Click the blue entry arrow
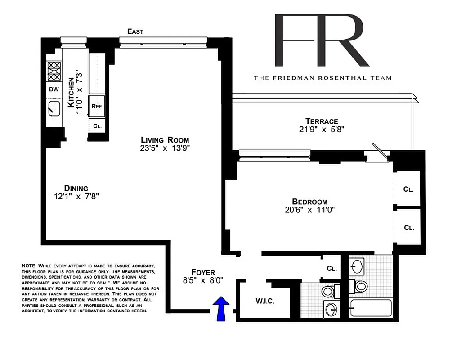tap(221, 309)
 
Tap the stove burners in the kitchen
tap(54, 71)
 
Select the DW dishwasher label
tap(54, 89)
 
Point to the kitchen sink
tap(54, 108)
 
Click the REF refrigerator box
tap(97, 106)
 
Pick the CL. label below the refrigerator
tap(97, 126)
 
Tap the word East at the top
tap(135, 31)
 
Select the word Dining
tap(76, 188)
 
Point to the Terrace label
tap(322, 121)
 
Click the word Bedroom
tap(309, 202)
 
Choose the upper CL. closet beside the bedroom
tap(408, 189)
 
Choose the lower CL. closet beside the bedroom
tap(408, 228)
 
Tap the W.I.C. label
tap(265, 301)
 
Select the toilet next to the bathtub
tap(360, 286)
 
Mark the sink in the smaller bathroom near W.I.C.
tap(331, 310)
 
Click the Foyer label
tap(203, 272)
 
